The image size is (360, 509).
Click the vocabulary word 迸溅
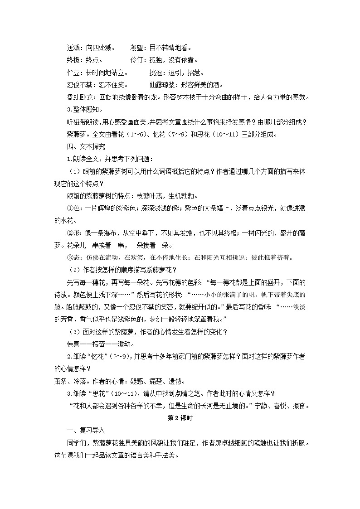(x=73, y=47)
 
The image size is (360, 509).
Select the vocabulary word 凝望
(x=137, y=47)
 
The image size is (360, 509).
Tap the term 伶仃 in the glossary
(x=137, y=60)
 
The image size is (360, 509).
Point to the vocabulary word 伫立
(x=73, y=73)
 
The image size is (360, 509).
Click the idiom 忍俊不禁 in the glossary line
(x=79, y=85)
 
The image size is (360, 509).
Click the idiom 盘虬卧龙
(x=79, y=97)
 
